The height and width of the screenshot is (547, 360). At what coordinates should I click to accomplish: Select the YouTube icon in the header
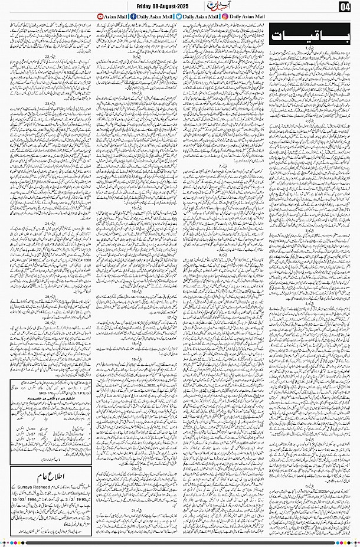pyautogui.click(x=100, y=17)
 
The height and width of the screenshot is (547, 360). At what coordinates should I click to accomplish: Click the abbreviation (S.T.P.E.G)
pyautogui.click(x=47, y=390)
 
